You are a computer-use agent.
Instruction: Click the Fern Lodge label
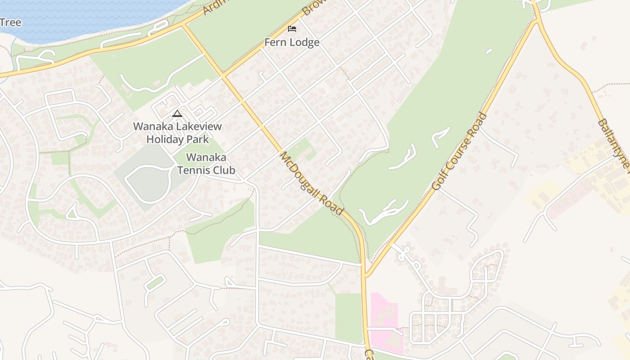(292, 42)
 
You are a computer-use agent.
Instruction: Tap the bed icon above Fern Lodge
(292, 29)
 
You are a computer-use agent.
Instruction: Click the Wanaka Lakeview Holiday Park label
(177, 133)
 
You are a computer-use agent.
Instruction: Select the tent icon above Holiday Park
(177, 113)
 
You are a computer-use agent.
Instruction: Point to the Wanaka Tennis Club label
(206, 164)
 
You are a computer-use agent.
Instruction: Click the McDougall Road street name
(311, 184)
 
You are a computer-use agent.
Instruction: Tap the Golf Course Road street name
(459, 151)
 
